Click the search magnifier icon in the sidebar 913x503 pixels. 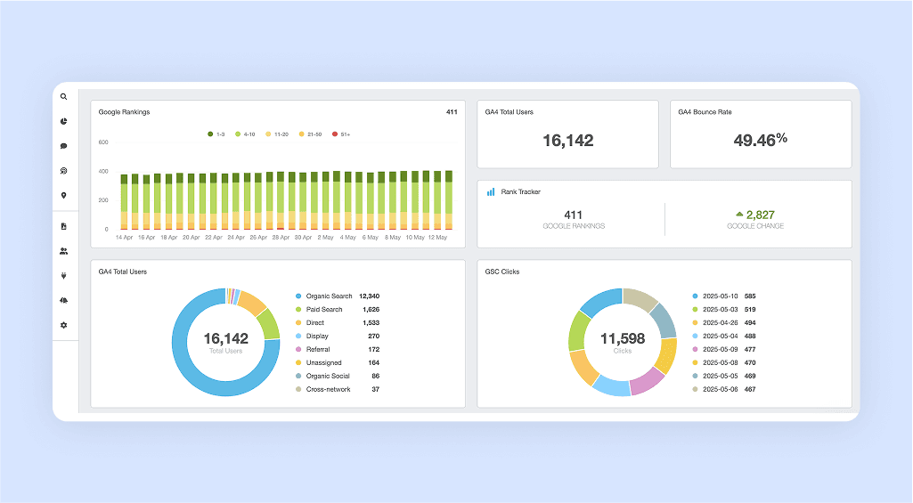[63, 97]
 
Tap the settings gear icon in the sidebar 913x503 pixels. [63, 325]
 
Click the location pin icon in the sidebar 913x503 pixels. [63, 196]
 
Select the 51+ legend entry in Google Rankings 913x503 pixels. [341, 134]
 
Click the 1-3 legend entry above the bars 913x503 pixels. [216, 134]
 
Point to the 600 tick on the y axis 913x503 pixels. [103, 142]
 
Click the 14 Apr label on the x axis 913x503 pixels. [124, 238]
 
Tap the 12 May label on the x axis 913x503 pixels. [437, 238]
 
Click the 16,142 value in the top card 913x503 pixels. [567, 141]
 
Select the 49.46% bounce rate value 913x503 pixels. [761, 140]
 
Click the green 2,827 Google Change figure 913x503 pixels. [761, 215]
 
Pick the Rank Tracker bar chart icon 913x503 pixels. [491, 191]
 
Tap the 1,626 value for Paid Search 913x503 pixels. [371, 310]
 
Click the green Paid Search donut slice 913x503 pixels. [269, 324]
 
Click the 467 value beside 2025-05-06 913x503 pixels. [750, 389]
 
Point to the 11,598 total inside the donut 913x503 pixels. [623, 339]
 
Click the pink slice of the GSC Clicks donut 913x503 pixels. [647, 381]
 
